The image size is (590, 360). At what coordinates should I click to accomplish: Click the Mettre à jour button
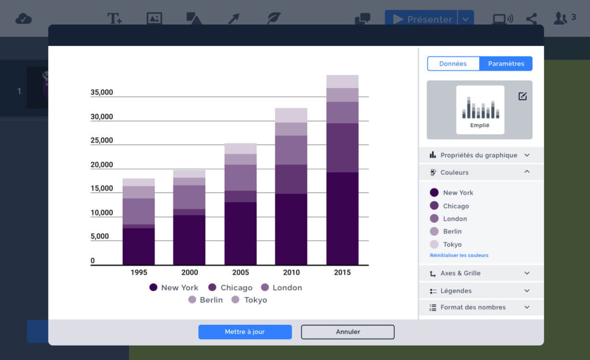click(245, 332)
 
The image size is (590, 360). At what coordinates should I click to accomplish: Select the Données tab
click(453, 63)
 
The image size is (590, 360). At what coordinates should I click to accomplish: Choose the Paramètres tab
click(506, 63)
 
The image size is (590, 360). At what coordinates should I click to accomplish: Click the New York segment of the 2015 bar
click(342, 218)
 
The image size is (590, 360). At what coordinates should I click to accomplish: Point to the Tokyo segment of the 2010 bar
click(291, 115)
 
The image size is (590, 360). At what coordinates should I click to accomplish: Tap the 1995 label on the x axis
click(139, 272)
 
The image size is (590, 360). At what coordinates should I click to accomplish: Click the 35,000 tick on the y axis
click(101, 92)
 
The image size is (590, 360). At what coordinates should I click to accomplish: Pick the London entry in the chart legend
click(281, 287)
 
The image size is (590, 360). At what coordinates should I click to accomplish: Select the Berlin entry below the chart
click(205, 300)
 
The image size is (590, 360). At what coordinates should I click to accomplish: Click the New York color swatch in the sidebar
click(434, 193)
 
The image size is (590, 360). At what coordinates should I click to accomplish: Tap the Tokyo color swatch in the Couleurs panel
click(434, 244)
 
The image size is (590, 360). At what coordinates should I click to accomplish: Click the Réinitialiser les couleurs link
click(459, 255)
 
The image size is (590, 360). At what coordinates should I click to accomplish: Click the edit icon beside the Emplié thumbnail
click(523, 96)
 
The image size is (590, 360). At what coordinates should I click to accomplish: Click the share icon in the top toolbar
click(531, 19)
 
